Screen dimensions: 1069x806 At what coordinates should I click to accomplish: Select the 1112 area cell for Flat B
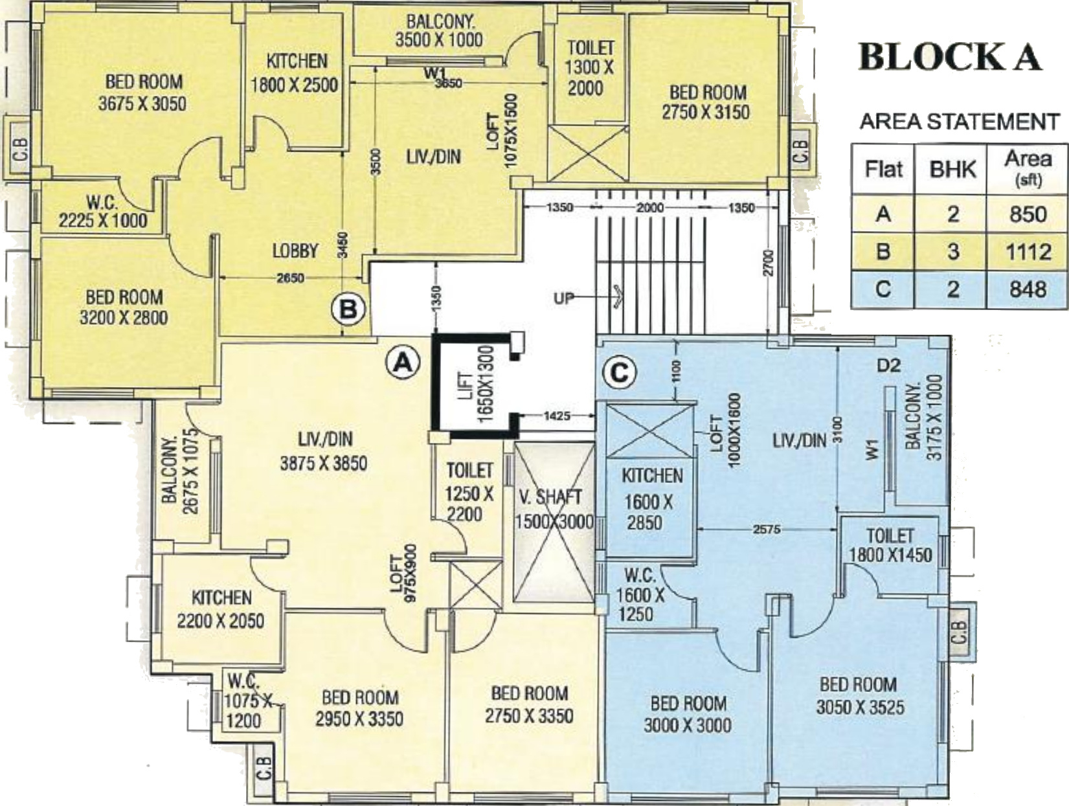coord(1028,252)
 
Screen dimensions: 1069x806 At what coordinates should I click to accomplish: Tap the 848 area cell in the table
coord(1028,289)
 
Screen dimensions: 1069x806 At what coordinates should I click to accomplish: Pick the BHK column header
coord(952,170)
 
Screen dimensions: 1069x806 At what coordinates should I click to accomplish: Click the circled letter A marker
coord(402,363)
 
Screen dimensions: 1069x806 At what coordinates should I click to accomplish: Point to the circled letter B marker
coord(349,309)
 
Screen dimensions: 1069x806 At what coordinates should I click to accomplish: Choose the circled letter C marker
coord(620,374)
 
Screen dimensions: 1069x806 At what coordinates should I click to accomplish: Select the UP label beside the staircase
coord(564,298)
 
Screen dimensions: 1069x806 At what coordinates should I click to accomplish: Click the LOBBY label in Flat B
coord(295,251)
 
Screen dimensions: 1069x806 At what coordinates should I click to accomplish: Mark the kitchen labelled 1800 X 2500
coord(295,73)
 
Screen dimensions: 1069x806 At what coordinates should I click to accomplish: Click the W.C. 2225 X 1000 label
coord(103,211)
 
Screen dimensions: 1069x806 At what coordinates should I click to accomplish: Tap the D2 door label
coord(889,366)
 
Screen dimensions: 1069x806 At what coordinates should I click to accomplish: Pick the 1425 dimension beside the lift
coord(557,416)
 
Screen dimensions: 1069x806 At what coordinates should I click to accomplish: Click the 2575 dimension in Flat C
coord(767,529)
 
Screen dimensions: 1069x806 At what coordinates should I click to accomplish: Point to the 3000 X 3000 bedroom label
coord(688,715)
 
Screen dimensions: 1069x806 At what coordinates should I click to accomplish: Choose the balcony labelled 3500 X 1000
coord(439,30)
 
